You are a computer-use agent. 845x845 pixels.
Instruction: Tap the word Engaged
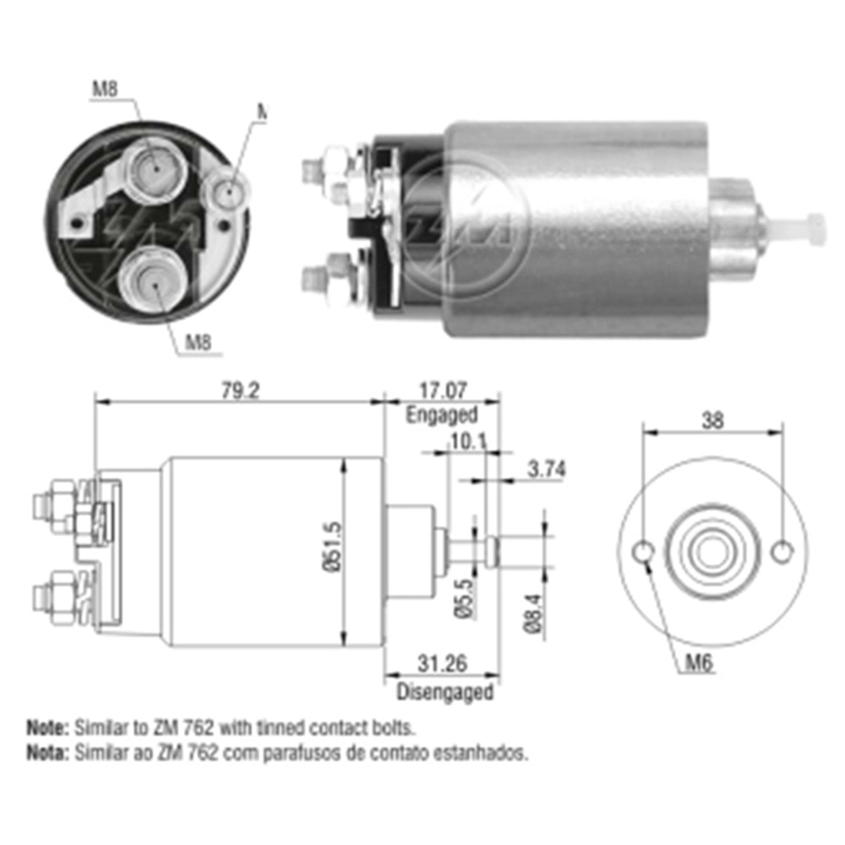[441, 415]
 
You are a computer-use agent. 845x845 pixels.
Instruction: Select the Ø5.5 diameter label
[462, 597]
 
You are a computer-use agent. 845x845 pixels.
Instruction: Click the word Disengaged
[444, 692]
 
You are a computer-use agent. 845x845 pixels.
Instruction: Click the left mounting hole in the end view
[643, 553]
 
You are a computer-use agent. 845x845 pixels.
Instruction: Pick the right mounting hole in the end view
[783, 552]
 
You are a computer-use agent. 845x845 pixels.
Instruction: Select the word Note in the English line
[46, 726]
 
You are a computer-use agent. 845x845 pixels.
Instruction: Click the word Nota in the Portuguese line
[46, 751]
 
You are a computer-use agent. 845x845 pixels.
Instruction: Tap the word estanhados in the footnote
[490, 751]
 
